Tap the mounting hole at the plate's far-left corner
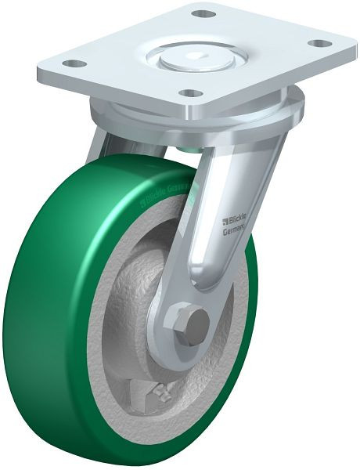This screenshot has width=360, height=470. (x=73, y=63)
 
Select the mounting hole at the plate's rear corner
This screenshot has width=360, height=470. (x=203, y=14)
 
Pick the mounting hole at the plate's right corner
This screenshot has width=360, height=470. (x=316, y=44)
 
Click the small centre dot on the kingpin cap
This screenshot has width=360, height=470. (x=193, y=56)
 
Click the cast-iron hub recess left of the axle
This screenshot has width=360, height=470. (x=137, y=313)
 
